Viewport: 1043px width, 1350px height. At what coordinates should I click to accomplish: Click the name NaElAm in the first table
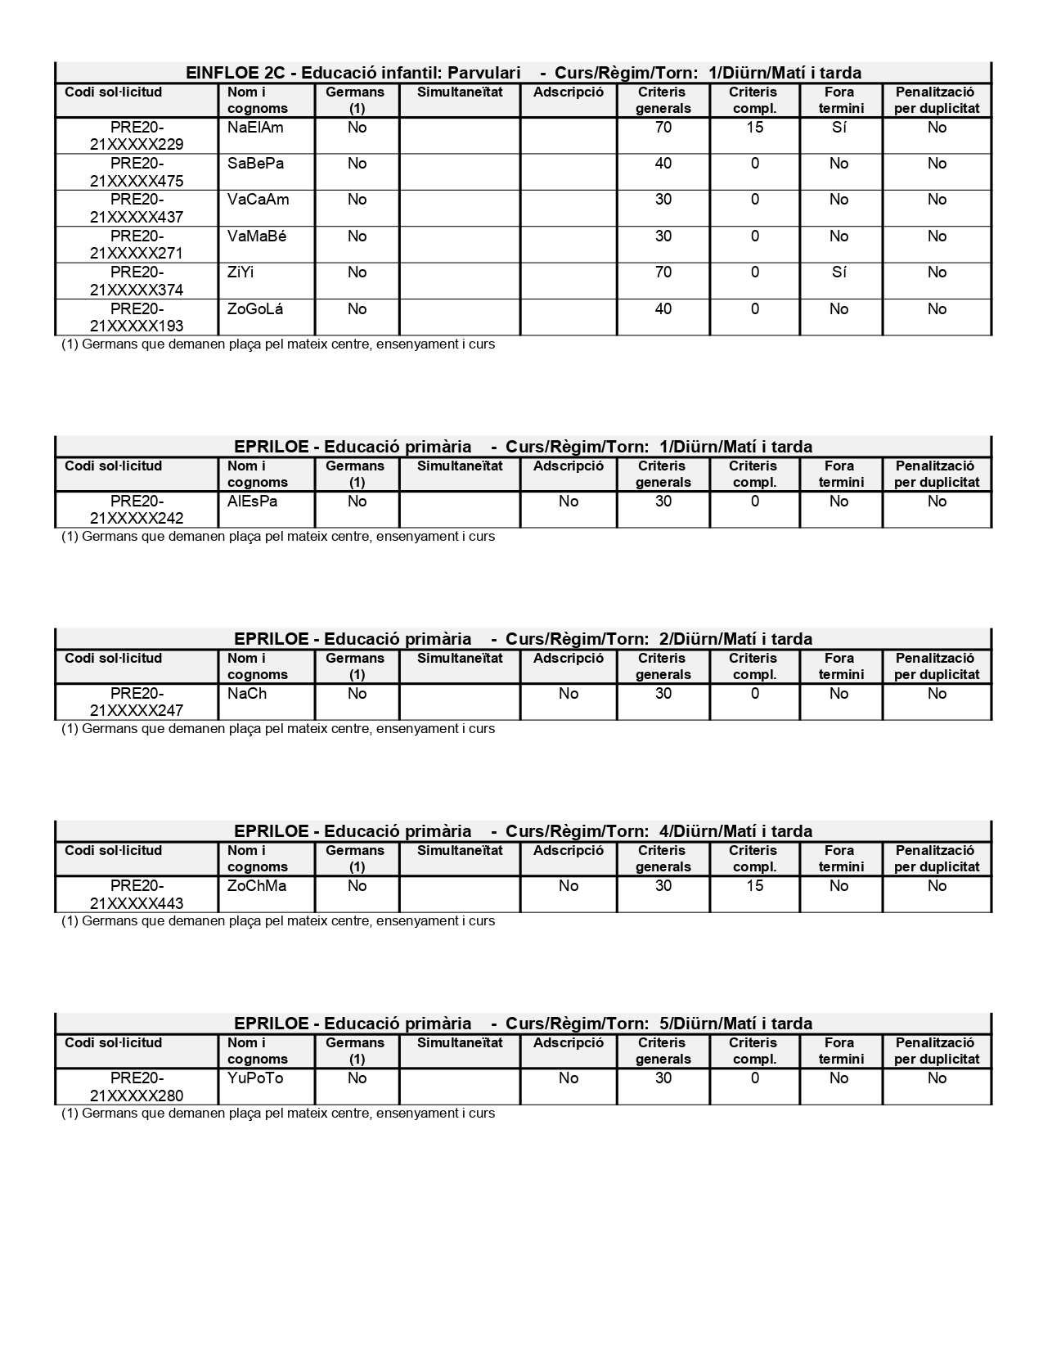[255, 128]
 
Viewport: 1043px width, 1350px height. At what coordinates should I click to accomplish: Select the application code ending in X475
[137, 172]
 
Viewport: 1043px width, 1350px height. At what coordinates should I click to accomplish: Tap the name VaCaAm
[258, 200]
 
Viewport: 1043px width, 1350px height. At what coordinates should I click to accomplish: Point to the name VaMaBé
[257, 236]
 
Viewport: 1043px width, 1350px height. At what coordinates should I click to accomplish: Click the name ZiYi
[241, 272]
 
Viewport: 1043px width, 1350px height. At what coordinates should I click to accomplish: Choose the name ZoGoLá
[257, 309]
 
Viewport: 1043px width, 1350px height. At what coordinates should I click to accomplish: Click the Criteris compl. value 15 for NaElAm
[754, 128]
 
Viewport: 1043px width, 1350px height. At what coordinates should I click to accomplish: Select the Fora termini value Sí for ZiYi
[838, 272]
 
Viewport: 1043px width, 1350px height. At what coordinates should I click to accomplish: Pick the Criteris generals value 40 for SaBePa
[663, 164]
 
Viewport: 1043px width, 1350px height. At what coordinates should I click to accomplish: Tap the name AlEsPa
[252, 502]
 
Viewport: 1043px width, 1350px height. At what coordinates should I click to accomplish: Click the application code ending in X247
[137, 702]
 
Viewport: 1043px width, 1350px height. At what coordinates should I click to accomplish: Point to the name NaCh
[247, 694]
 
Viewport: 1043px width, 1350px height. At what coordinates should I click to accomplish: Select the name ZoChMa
[257, 886]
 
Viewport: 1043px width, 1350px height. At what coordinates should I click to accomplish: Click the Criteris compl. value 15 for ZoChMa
[754, 886]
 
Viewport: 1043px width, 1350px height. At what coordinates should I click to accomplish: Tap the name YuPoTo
[255, 1078]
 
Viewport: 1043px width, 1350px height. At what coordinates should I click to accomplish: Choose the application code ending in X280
[137, 1087]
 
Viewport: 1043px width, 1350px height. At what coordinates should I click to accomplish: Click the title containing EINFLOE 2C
[523, 73]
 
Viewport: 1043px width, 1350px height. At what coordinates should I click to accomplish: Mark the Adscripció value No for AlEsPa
[569, 502]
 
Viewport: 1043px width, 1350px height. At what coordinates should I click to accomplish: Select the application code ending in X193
[137, 317]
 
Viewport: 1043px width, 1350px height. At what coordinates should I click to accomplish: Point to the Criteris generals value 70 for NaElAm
[663, 128]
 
